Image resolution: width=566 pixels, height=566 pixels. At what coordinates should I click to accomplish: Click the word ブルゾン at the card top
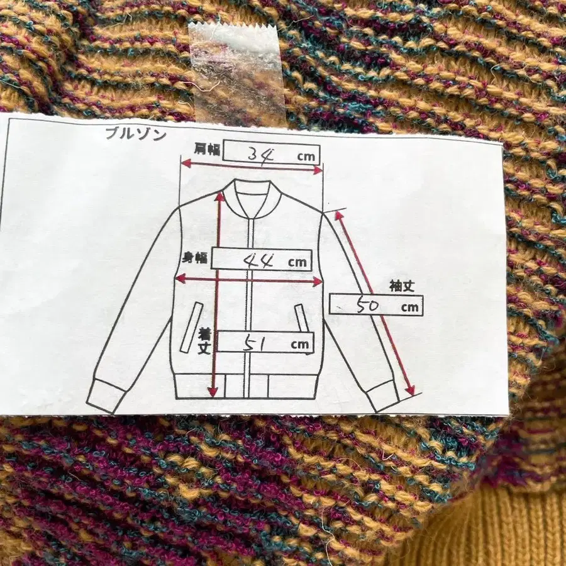coord(136,134)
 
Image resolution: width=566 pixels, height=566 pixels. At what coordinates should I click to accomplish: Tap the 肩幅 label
coord(207,149)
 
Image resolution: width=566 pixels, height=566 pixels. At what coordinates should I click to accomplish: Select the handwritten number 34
coord(261,155)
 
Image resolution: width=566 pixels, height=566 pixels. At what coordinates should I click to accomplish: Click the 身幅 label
coord(194,258)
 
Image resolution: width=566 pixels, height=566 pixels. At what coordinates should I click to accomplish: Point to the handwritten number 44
coord(258,260)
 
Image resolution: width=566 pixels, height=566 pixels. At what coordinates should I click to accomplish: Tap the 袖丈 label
coord(402,286)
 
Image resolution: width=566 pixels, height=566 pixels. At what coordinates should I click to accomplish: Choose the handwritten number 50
coord(368,306)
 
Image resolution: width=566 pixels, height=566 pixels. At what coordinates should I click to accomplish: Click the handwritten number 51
coord(254,343)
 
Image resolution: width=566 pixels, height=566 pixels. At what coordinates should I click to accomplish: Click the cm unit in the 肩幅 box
coord(306,157)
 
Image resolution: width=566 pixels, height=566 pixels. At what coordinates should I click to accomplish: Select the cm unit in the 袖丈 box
coord(409,308)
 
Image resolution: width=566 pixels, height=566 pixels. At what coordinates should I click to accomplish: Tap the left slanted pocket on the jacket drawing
coord(192,328)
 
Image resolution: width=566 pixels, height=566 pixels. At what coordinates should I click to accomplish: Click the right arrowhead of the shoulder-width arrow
coord(317,170)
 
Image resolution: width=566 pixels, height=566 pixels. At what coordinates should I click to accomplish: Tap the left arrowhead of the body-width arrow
coord(180,279)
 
